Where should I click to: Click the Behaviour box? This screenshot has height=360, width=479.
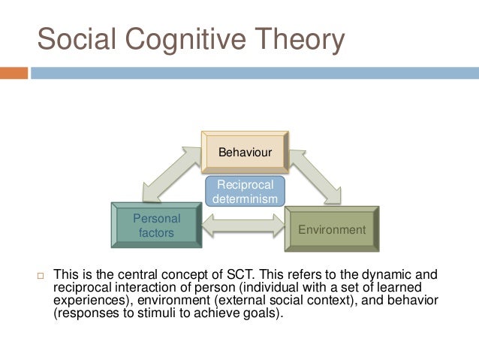(x=245, y=153)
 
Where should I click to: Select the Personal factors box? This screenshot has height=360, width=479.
(x=156, y=225)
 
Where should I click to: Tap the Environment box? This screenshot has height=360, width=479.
(x=332, y=229)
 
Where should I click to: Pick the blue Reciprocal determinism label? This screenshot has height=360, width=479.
(x=245, y=192)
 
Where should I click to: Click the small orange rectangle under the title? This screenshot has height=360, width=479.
(x=14, y=73)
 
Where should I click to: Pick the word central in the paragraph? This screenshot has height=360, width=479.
(x=131, y=275)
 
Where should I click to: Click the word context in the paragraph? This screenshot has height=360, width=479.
(x=341, y=301)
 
